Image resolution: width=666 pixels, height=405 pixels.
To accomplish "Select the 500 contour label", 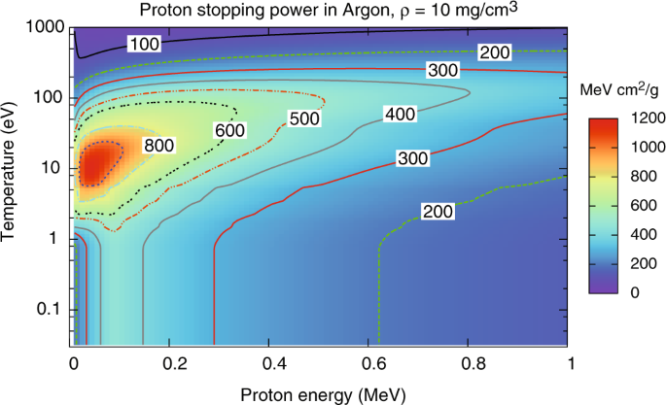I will (303, 118).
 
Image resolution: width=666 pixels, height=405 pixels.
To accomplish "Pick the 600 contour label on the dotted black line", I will (229, 130).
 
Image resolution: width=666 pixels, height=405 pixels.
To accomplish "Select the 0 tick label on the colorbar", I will (635, 291).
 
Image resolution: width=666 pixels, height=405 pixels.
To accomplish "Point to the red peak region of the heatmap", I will (95, 163).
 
